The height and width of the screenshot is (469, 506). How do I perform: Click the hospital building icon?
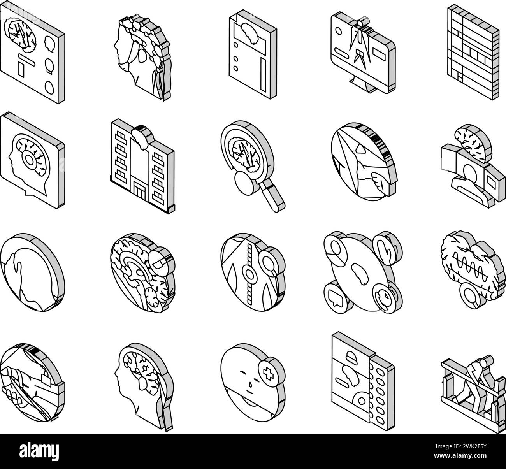click(142, 165)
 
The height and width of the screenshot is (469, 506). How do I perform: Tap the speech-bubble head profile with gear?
click(33, 160)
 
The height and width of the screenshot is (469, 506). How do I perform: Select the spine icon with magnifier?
click(251, 274)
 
